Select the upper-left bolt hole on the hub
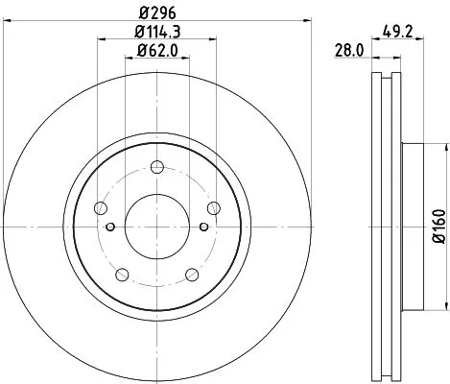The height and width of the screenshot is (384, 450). point(100,208)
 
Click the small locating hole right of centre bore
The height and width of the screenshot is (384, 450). point(202,227)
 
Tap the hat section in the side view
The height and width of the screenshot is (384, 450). point(408,227)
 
